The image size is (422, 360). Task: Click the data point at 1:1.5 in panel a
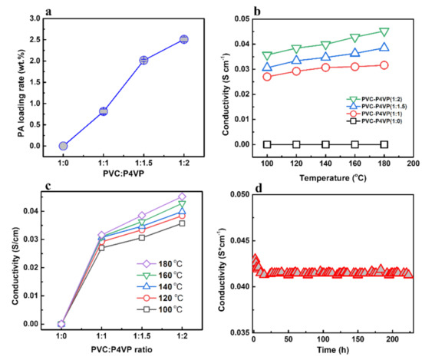pyautogui.click(x=143, y=60)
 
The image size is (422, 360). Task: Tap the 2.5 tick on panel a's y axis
pyautogui.click(x=33, y=39)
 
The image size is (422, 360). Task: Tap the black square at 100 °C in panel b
pyautogui.click(x=267, y=144)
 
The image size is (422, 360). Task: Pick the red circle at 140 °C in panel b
pyautogui.click(x=325, y=68)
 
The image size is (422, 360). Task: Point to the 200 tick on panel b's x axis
pyautogui.click(x=413, y=163)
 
